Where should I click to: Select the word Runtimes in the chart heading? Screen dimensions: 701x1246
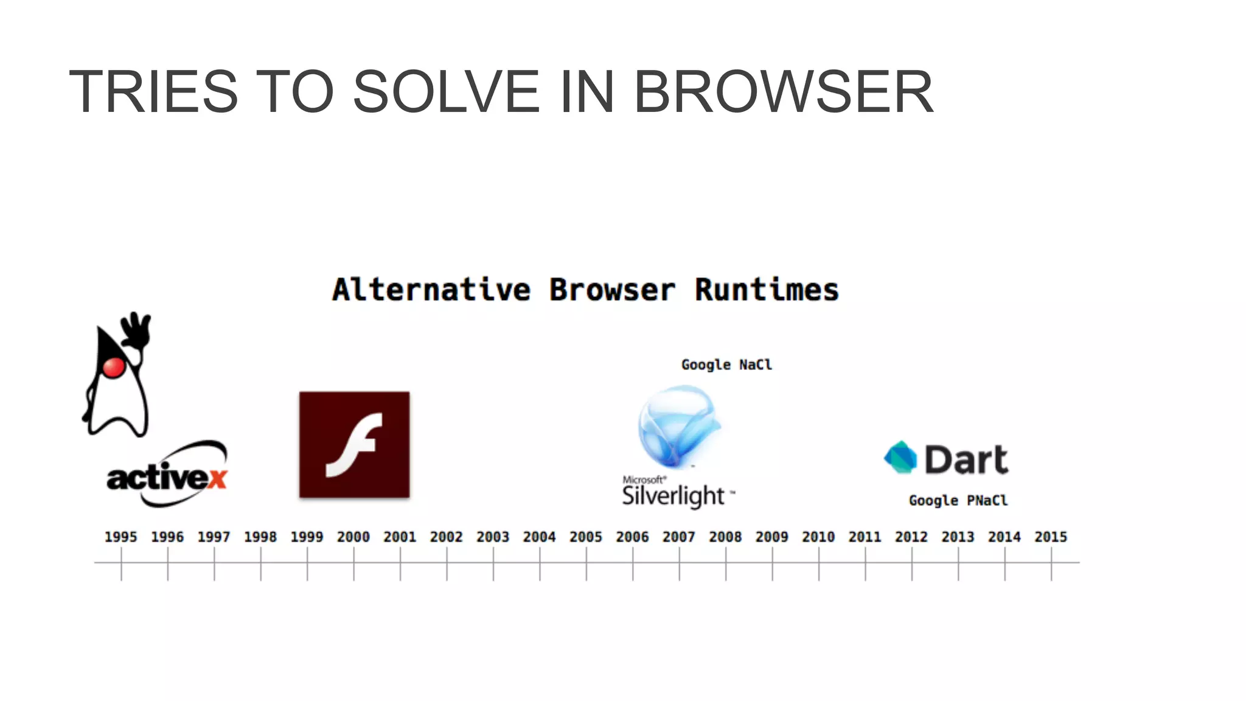click(x=767, y=290)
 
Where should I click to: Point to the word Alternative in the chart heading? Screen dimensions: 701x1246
click(x=431, y=290)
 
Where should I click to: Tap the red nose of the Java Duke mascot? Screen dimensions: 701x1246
click(x=114, y=367)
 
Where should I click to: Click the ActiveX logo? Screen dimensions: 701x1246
click(x=167, y=476)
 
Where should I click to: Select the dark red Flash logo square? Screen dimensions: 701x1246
click(x=354, y=445)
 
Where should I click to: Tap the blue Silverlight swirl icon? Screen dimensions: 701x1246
click(x=678, y=426)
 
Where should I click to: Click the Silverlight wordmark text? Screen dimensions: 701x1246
click(x=673, y=496)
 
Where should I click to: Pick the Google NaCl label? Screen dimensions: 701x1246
click(x=726, y=364)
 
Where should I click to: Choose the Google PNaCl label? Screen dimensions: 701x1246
click(x=958, y=500)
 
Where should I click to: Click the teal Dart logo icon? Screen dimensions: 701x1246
click(x=900, y=457)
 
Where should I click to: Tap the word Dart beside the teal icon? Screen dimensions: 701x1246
click(x=966, y=459)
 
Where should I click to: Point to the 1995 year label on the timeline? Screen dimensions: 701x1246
click(x=120, y=537)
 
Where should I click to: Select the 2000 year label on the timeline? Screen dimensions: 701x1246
click(x=353, y=537)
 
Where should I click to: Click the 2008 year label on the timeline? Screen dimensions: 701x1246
click(x=725, y=537)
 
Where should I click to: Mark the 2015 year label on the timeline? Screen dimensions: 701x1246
click(x=1051, y=537)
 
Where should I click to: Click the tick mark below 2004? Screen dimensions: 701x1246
click(x=540, y=563)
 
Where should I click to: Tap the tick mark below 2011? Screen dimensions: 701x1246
click(x=865, y=563)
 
